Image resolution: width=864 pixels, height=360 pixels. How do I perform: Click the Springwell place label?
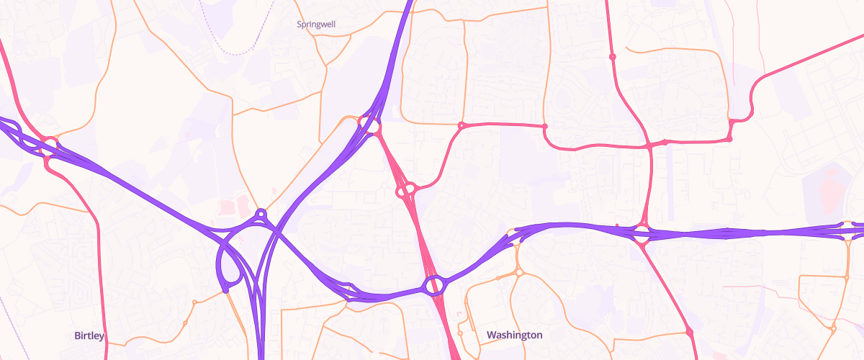(316, 24)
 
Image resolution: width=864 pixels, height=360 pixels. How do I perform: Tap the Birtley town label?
(89, 336)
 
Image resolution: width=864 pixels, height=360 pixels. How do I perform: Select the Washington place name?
(514, 335)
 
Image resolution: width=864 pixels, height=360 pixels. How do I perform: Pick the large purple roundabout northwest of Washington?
(434, 286)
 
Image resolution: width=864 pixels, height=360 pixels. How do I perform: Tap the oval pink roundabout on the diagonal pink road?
(406, 191)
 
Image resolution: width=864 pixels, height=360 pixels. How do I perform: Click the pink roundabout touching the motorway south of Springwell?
(374, 127)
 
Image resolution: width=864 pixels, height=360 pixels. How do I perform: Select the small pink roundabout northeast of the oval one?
(461, 126)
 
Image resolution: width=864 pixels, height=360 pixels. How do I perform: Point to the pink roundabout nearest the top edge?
(613, 56)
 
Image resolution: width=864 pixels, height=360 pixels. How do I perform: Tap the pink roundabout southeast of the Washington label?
(689, 333)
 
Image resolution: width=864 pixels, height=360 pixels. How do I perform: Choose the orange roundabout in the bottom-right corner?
(833, 329)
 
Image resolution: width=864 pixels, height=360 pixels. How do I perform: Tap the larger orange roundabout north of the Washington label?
(518, 273)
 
